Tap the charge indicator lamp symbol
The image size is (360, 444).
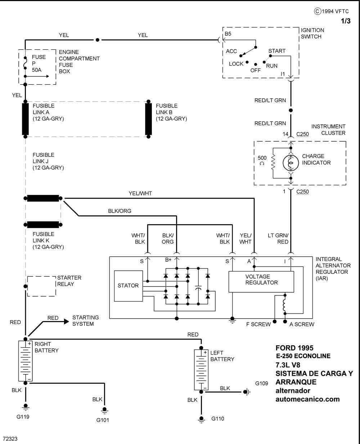click(291, 163)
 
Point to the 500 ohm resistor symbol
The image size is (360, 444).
click(273, 163)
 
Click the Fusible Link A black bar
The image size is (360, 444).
click(26, 119)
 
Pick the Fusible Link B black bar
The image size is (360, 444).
click(148, 119)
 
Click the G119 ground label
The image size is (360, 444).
click(23, 417)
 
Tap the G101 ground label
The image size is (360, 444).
click(103, 420)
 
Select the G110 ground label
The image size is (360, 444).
click(217, 418)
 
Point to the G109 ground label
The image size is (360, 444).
click(261, 383)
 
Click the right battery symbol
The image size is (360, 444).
click(26, 361)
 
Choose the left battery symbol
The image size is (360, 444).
click(201, 370)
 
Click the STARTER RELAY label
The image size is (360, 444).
click(69, 281)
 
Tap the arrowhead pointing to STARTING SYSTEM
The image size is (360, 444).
click(66, 321)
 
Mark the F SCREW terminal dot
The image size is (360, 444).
click(275, 321)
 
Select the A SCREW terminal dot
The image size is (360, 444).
click(285, 321)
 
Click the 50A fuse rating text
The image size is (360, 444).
click(37, 70)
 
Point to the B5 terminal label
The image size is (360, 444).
click(228, 34)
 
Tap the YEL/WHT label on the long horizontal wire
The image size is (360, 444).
click(140, 194)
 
